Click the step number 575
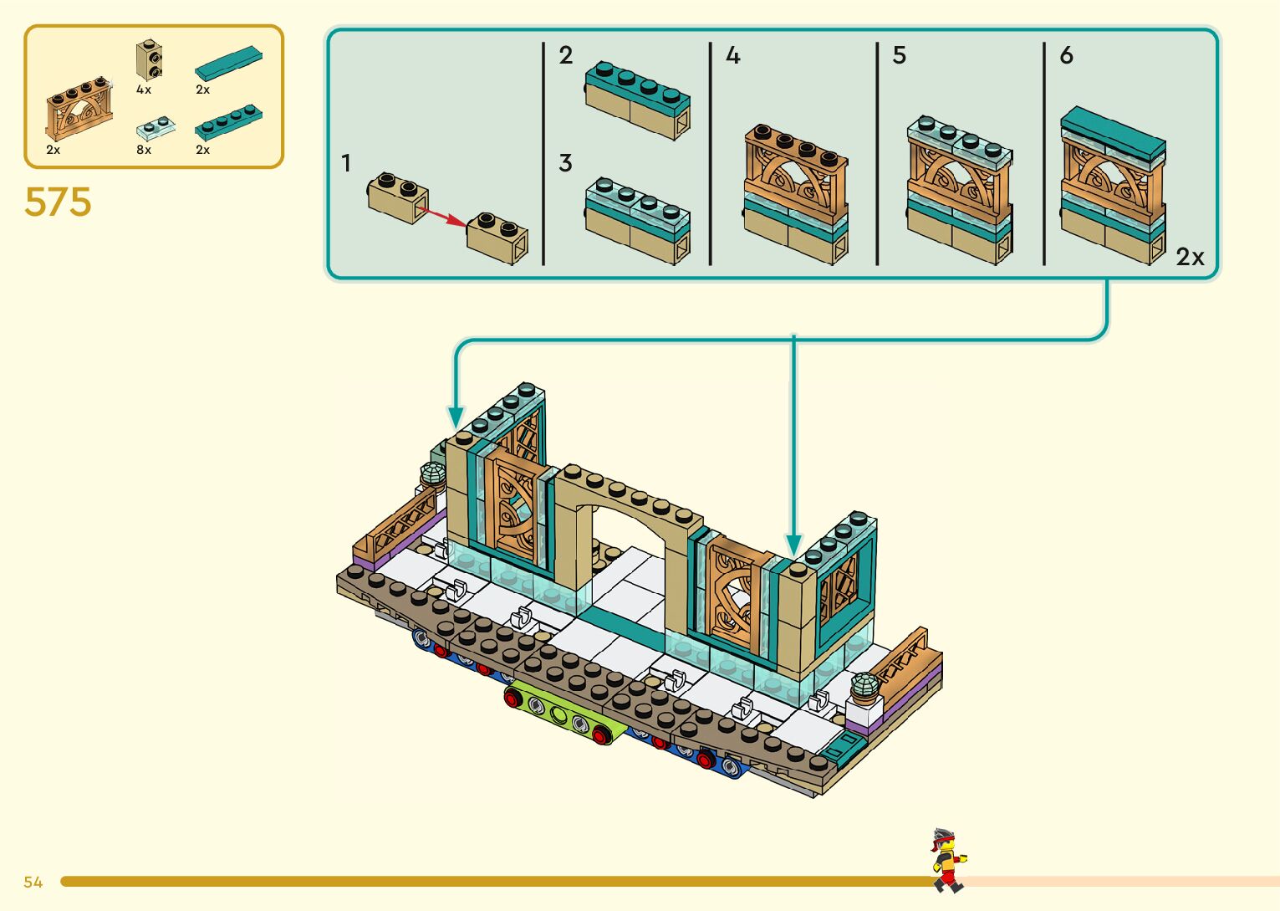58,202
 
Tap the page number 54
33,882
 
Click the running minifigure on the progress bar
948,859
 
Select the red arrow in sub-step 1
442,217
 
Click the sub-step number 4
733,55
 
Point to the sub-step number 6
1066,55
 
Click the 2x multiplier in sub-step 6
1190,257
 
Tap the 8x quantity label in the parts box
144,150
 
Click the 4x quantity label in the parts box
144,90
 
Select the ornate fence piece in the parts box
79,110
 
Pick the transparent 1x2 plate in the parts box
156,128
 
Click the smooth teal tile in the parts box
228,64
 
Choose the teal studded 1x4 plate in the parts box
228,122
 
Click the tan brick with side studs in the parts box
149,60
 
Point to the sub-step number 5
899,55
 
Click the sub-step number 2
566,55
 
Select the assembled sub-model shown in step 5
959,191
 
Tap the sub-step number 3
566,164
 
